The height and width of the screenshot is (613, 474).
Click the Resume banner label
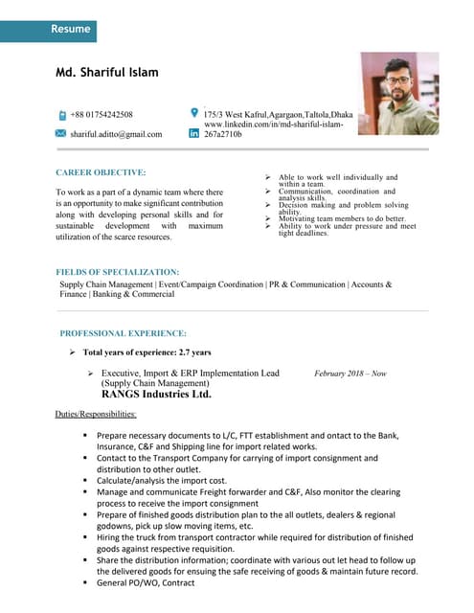click(71, 29)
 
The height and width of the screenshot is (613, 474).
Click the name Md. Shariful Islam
click(107, 72)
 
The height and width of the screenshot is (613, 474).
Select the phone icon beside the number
click(61, 115)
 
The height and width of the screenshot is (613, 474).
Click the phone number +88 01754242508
click(102, 115)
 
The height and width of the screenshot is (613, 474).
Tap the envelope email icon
click(61, 133)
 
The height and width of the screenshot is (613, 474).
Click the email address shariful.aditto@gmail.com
click(116, 134)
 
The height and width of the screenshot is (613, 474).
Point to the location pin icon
click(195, 112)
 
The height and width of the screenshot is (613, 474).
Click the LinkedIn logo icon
click(195, 133)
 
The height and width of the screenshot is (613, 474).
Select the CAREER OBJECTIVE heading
click(101, 172)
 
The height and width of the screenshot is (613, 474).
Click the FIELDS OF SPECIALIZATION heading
click(117, 272)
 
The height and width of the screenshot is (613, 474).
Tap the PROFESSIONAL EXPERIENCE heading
click(123, 333)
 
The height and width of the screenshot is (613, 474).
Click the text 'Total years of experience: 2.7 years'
click(147, 352)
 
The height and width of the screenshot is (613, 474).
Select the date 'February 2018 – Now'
click(350, 374)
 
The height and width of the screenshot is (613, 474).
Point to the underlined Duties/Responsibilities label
click(96, 415)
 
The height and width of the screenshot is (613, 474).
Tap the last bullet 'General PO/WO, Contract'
click(145, 582)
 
